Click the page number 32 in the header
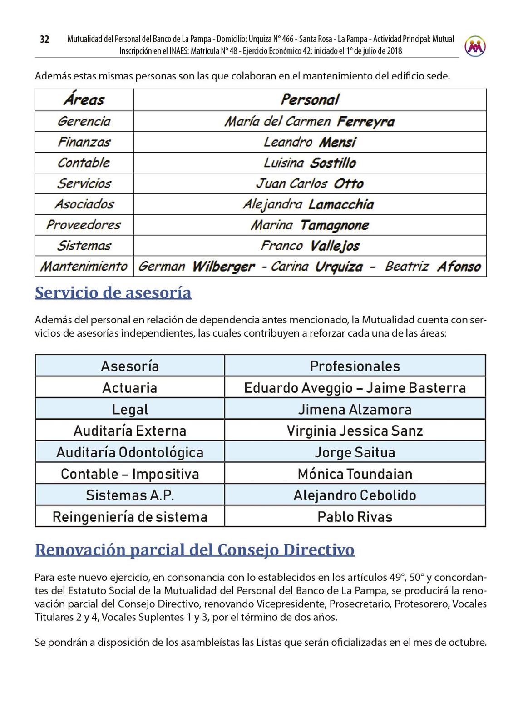[44, 40]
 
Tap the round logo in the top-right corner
[475, 46]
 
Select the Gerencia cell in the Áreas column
[84, 121]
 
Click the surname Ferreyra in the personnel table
[365, 122]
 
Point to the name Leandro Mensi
[310, 142]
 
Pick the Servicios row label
[84, 183]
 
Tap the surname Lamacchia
[341, 204]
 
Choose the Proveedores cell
[84, 225]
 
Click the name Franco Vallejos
[310, 246]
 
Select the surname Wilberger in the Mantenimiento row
[223, 267]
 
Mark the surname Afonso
[459, 267]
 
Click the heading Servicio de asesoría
[113, 293]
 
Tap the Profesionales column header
[355, 366]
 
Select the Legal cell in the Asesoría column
[130, 409]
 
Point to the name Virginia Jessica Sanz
[355, 431]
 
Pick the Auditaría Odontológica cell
[130, 452]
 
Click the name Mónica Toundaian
[355, 474]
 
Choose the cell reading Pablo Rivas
[355, 517]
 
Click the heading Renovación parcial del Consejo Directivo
[194, 550]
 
